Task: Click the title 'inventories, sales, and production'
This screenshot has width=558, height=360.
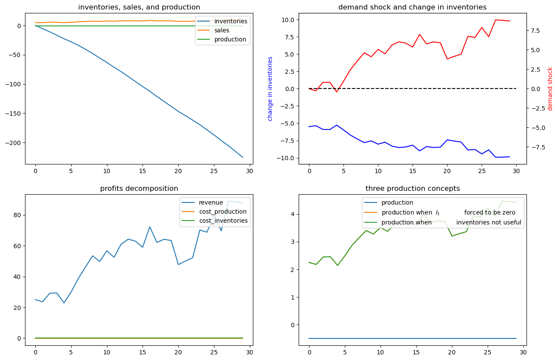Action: pos(139,7)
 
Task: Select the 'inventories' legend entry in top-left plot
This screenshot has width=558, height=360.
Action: pos(230,21)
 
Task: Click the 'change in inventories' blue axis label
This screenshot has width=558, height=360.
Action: pos(270,88)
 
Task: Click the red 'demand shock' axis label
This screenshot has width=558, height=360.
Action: pos(550,88)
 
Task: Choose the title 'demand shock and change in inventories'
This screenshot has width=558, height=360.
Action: pos(412,7)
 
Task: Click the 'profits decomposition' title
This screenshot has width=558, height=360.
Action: pos(139,188)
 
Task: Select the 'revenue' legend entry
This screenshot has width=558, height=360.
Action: pos(211,202)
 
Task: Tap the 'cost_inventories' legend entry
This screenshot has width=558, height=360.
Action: pos(223,221)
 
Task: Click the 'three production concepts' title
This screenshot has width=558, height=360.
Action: pos(412,188)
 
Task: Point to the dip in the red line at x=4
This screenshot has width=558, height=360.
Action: pos(337,92)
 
